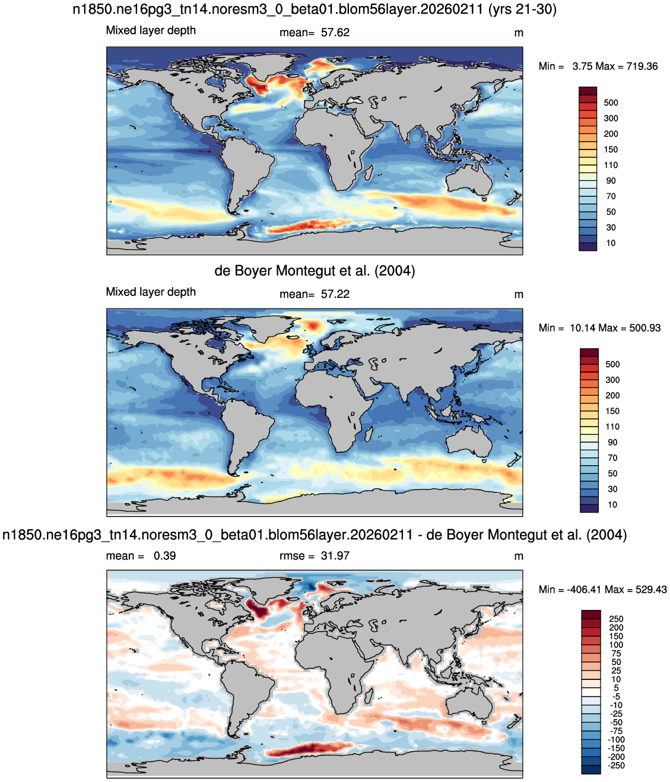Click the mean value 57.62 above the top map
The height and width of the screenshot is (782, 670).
coord(335,33)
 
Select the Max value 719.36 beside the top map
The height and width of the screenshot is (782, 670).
coord(642,66)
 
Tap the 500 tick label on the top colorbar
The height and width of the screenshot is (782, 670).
coord(611,103)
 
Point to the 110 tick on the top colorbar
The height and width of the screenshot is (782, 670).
coord(611,165)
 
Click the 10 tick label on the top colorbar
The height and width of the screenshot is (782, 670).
coord(611,243)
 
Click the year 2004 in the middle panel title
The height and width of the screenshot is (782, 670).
coord(395,271)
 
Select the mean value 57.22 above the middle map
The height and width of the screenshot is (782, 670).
coord(335,294)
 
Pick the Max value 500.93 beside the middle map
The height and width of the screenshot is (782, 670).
coord(644,328)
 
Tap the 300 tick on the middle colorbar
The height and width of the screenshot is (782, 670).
coord(612,380)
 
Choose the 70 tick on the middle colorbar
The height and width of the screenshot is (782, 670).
coord(612,458)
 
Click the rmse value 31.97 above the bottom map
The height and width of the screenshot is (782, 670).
coord(335,556)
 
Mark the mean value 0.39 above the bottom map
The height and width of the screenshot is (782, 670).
coord(164,556)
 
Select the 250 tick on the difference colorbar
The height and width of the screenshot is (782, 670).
coord(616,619)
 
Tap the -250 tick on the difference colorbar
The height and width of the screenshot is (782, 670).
coord(616,765)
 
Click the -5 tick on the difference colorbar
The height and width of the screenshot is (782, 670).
coord(615,697)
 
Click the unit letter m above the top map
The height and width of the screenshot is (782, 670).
coord(519,33)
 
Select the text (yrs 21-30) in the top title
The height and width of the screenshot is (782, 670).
coord(522,9)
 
